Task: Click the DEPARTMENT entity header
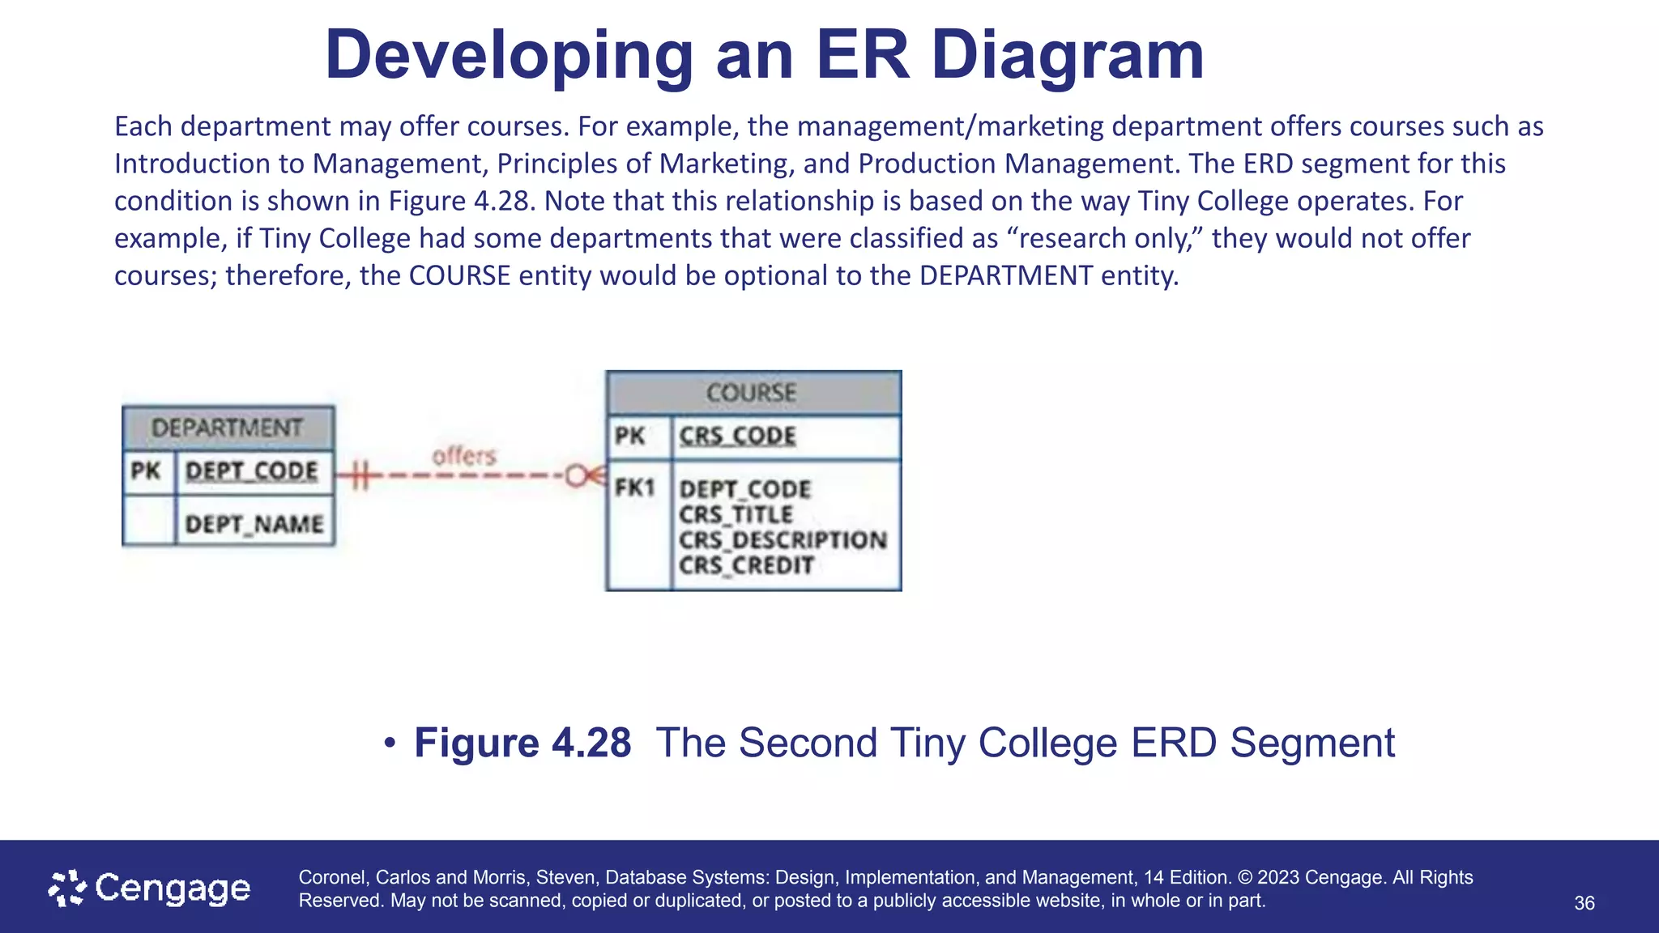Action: (228, 428)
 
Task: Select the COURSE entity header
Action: (752, 393)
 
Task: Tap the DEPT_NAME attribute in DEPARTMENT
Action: (254, 524)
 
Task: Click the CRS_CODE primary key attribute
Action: (737, 436)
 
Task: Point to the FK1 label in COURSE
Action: (634, 488)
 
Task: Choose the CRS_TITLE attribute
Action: (736, 514)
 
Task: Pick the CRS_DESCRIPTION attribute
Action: (783, 539)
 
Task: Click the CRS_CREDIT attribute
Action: (746, 565)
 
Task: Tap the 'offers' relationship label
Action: (463, 456)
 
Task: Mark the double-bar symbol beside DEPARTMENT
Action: (360, 475)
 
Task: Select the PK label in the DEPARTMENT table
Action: (146, 471)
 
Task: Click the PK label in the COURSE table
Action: (629, 436)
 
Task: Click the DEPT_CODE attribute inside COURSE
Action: (744, 489)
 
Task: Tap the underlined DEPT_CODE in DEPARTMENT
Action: (251, 471)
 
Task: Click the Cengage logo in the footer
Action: (150, 888)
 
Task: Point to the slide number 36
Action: (1584, 903)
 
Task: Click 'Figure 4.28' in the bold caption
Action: (522, 743)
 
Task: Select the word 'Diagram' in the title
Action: (1067, 55)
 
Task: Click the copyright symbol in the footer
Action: (1245, 877)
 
